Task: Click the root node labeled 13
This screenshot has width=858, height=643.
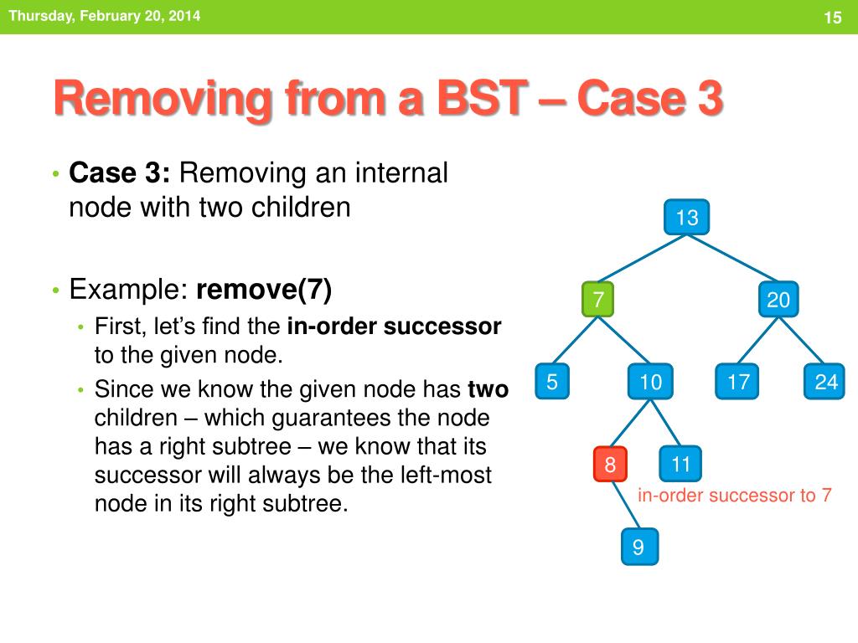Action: pos(687,217)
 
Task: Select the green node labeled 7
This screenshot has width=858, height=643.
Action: pos(598,299)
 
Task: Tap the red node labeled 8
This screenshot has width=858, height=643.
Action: pos(610,464)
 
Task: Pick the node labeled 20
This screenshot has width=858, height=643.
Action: pos(778,299)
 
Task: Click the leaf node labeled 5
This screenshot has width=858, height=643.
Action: pos(552,381)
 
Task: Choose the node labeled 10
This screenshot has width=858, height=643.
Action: pos(650,381)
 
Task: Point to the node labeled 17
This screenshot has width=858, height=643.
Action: pos(737,381)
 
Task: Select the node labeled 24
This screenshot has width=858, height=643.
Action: pos(824,381)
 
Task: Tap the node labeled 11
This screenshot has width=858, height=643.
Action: pos(680,464)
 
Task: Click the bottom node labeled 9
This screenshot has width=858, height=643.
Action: pos(639,547)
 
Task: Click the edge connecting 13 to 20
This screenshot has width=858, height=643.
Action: pos(732,258)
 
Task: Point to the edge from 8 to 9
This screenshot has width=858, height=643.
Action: pos(625,505)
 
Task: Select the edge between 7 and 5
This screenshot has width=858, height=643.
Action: pos(575,340)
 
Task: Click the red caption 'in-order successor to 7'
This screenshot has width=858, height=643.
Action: pos(734,496)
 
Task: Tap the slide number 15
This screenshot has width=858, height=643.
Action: pos(832,18)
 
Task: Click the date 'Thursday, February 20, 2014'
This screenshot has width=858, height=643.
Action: pos(105,15)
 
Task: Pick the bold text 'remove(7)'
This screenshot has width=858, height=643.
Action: pos(264,289)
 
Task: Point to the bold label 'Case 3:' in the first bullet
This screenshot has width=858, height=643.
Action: pos(119,173)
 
